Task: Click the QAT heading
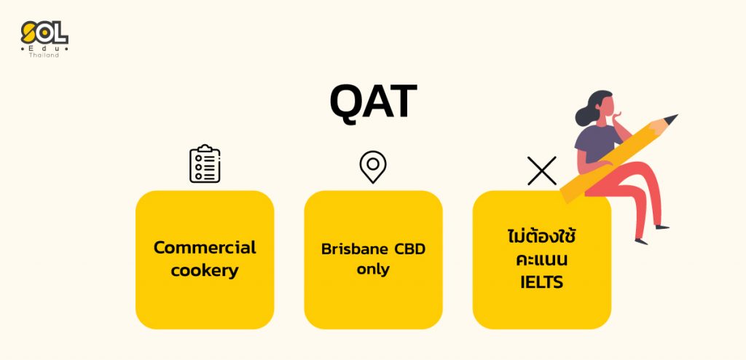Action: coord(373,101)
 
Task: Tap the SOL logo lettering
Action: coord(44,33)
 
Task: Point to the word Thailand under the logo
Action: coord(44,55)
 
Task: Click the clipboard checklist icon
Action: coord(205,164)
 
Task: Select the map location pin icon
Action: coord(373,167)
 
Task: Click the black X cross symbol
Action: coord(542,171)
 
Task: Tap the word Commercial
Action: coord(205,248)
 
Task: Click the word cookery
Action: coord(205,271)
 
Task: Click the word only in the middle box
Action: coord(373,270)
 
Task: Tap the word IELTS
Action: coord(542,282)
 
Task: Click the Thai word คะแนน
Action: coord(542,260)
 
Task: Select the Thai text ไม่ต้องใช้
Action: coord(542,236)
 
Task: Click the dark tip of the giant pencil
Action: coord(671,119)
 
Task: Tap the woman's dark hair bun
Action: coord(582,116)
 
